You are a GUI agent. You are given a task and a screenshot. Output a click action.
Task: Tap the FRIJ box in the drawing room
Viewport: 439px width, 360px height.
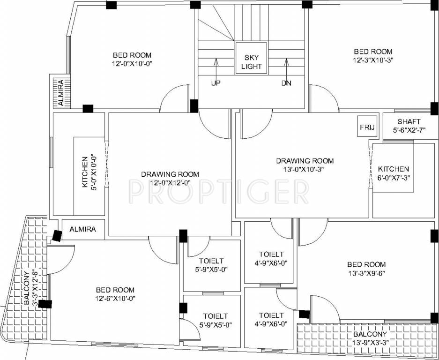[x=366, y=127]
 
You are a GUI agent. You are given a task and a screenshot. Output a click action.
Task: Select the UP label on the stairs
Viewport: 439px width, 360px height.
[x=216, y=83]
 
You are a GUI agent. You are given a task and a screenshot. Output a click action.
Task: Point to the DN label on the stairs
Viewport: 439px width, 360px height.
[x=286, y=83]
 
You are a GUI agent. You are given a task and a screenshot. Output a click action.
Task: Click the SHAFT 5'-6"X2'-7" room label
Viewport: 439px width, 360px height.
[x=409, y=126]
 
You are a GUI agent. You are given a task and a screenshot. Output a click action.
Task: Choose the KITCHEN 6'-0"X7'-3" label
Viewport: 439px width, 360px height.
[x=393, y=173]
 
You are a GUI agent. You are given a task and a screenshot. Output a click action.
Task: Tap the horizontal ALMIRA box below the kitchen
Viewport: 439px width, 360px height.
[x=82, y=230]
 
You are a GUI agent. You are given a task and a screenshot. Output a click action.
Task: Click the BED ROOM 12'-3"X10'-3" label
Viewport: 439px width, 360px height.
[x=372, y=56]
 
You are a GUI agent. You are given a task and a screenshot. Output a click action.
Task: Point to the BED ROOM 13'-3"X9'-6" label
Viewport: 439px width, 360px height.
[x=366, y=268]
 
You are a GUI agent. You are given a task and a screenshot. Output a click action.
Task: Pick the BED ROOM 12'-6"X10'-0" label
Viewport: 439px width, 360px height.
[x=115, y=294]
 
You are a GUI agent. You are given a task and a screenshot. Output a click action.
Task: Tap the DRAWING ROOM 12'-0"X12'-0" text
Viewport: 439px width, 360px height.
[x=170, y=178]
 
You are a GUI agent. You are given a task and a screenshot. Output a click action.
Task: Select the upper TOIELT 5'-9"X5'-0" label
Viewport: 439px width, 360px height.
[x=211, y=265]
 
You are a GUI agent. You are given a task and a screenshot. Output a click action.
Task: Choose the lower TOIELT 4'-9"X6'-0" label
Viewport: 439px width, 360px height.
[x=271, y=319]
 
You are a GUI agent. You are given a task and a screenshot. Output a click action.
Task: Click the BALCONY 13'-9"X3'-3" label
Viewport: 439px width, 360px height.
[x=370, y=338]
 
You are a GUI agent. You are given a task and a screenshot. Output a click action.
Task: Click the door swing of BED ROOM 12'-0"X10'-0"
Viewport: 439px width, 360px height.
[x=174, y=100]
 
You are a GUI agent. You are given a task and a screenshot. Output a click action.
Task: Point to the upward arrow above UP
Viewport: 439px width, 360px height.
[x=216, y=66]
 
